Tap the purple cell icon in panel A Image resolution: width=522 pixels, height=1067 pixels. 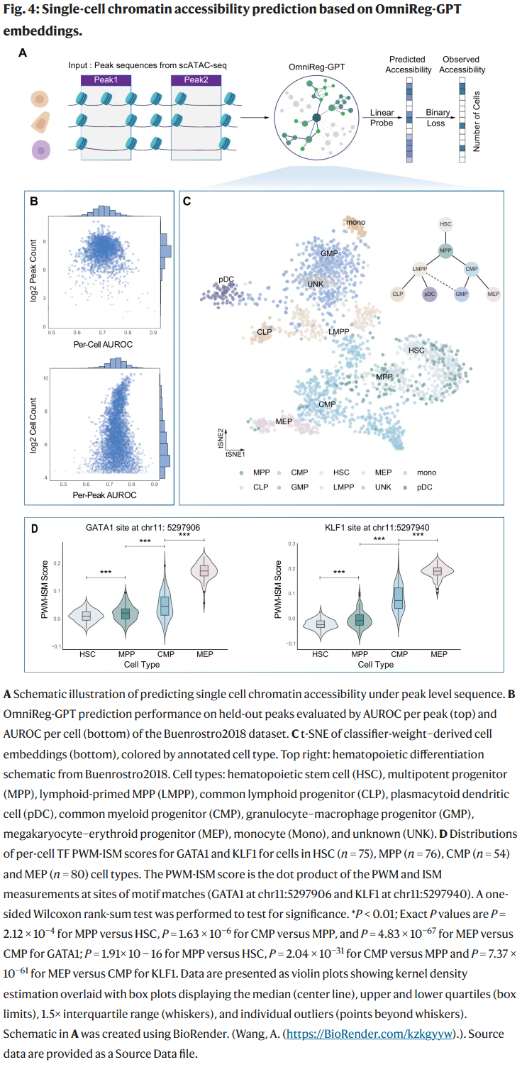tap(41, 150)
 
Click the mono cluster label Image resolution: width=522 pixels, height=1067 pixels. tap(356, 223)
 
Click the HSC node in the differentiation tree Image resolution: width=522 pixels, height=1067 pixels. tap(446, 224)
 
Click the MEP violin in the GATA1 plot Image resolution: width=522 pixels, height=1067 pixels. tap(204, 570)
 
